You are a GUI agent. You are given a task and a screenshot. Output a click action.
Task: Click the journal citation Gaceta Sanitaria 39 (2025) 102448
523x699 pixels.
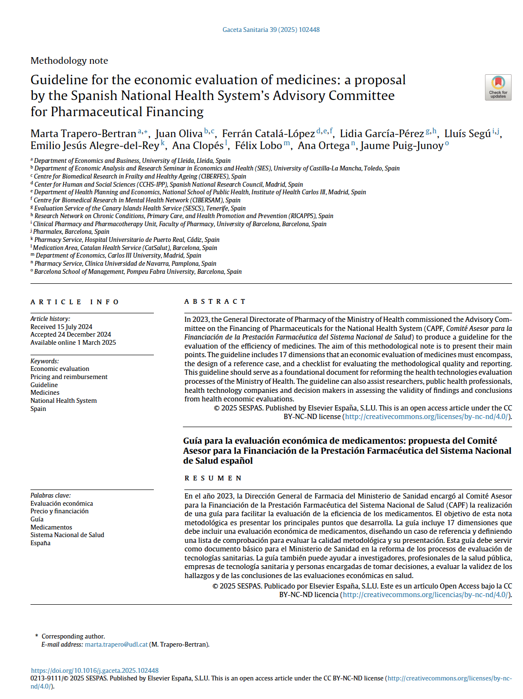(x=271, y=30)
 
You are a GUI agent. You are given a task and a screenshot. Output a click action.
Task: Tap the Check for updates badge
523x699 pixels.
(x=498, y=87)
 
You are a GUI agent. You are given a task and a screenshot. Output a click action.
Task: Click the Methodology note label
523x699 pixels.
(x=69, y=60)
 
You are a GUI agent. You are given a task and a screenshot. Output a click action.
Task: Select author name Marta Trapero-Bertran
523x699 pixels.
(x=83, y=134)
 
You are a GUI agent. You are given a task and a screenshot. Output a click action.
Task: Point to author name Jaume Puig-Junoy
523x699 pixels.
(x=402, y=146)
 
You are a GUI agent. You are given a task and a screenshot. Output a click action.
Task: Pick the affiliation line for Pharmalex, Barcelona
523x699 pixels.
(x=71, y=232)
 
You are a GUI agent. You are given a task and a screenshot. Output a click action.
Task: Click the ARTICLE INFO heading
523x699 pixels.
(x=75, y=302)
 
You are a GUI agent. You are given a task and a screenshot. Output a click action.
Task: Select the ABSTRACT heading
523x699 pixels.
(x=215, y=301)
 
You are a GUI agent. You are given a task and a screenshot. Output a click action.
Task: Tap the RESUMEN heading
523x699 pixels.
(x=213, y=478)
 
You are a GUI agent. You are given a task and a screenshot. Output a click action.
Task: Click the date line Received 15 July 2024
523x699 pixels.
(x=61, y=327)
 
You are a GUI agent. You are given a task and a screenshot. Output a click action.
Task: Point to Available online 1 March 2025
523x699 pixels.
(x=73, y=342)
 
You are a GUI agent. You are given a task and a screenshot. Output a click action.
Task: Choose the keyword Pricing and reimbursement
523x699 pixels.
(x=69, y=377)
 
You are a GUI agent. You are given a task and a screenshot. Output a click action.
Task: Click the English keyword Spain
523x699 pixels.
(x=38, y=409)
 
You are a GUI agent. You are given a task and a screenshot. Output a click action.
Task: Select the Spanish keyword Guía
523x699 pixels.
(x=37, y=519)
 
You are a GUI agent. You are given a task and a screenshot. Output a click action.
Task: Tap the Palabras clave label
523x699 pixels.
(x=50, y=495)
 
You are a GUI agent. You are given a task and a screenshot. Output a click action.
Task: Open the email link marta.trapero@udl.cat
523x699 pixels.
(x=116, y=644)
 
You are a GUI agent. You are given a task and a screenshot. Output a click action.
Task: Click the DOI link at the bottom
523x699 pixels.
(x=95, y=670)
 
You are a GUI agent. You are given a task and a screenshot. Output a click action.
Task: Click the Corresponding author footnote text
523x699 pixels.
(x=73, y=636)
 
